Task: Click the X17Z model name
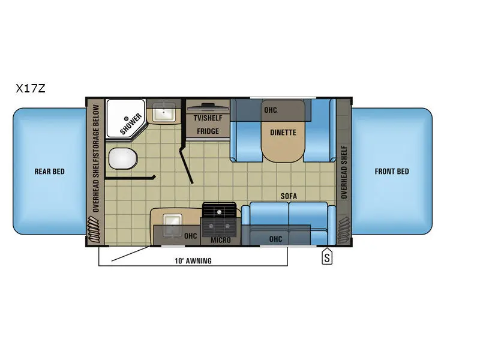[x=31, y=88]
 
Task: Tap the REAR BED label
[x=49, y=172]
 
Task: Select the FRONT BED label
[x=392, y=172]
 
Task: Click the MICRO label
[x=220, y=240]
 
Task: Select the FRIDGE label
[x=208, y=131]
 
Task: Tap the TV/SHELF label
[x=208, y=118]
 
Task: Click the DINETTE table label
[x=283, y=133]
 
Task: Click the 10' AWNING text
[x=193, y=261]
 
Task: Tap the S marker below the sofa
[x=327, y=258]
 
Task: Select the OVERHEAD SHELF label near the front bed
[x=344, y=172]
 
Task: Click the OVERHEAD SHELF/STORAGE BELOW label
[x=95, y=160]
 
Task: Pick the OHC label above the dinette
[x=271, y=110]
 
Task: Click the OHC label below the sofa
[x=275, y=239]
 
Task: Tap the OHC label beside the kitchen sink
[x=191, y=235]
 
